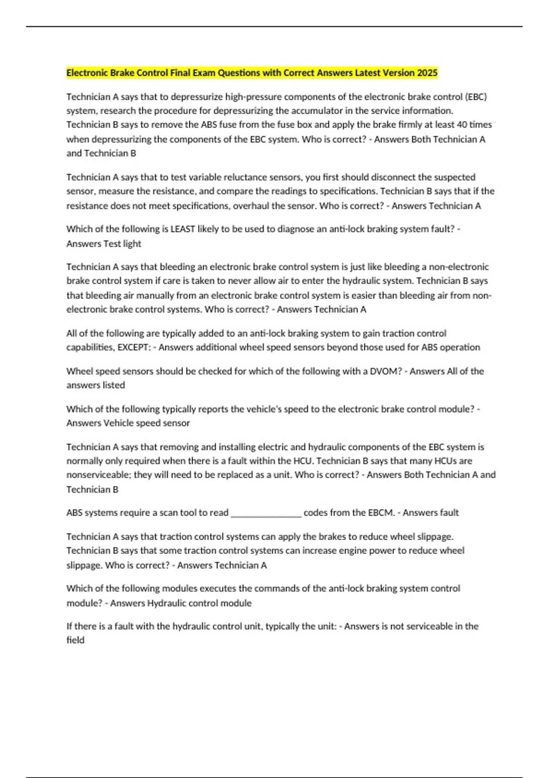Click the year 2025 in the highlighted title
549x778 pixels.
click(427, 73)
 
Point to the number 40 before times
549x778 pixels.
click(462, 124)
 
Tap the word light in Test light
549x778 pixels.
click(132, 243)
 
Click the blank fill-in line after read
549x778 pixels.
click(266, 513)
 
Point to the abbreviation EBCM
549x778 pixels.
click(381, 513)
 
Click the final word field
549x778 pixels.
click(75, 640)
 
